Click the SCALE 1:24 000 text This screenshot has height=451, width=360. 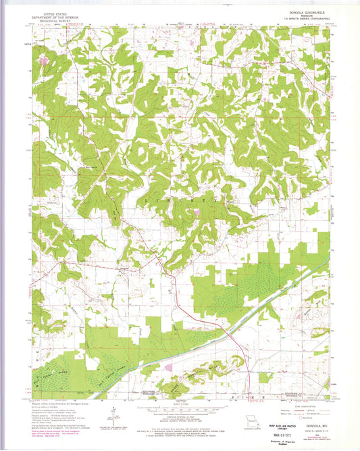coord(180,404)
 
